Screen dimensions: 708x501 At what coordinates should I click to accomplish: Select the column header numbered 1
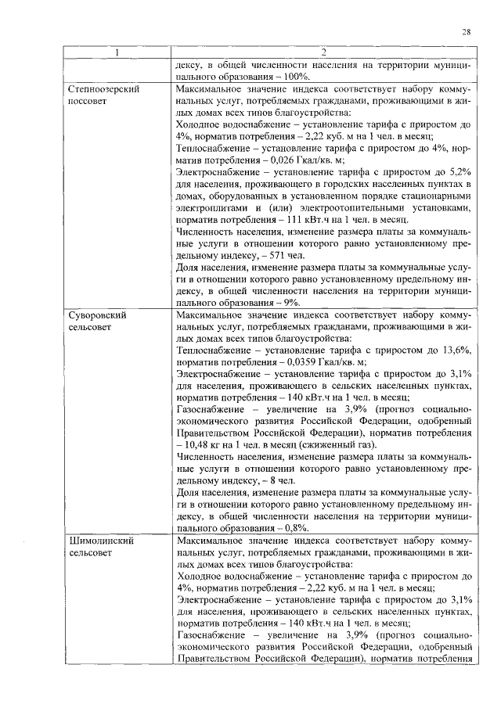tap(117, 53)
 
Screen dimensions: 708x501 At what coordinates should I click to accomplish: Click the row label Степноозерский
tap(103, 90)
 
